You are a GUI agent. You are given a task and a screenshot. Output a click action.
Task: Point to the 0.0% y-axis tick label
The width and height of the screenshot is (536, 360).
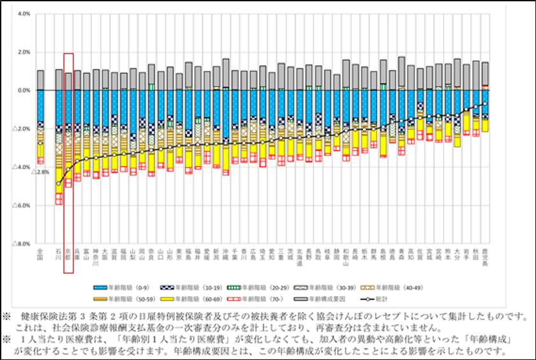(x=22, y=91)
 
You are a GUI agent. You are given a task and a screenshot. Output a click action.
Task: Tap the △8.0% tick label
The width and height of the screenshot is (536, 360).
(x=21, y=244)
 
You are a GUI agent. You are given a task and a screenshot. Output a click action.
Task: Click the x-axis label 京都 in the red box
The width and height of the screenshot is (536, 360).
(x=68, y=255)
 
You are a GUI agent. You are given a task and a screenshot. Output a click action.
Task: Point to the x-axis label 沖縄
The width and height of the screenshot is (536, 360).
(x=226, y=255)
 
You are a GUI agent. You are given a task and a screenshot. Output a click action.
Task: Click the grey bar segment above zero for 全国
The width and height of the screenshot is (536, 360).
(x=40, y=80)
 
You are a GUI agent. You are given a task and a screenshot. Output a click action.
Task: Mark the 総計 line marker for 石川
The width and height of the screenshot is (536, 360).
(x=59, y=184)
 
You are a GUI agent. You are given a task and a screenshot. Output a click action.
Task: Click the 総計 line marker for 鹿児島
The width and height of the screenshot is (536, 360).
(x=485, y=103)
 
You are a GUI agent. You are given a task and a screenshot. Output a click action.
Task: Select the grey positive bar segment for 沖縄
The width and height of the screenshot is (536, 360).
(x=226, y=74)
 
